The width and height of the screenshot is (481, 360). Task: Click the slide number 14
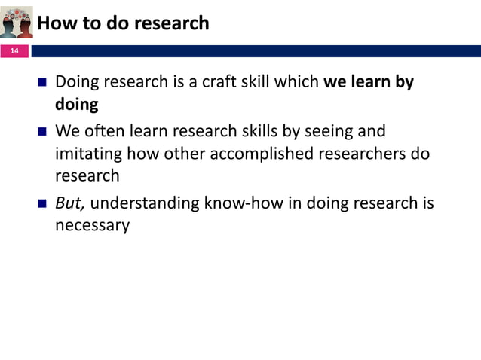14,51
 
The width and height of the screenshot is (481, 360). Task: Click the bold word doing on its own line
76,104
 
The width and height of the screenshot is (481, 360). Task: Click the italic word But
70,203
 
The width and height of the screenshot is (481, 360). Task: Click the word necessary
92,225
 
